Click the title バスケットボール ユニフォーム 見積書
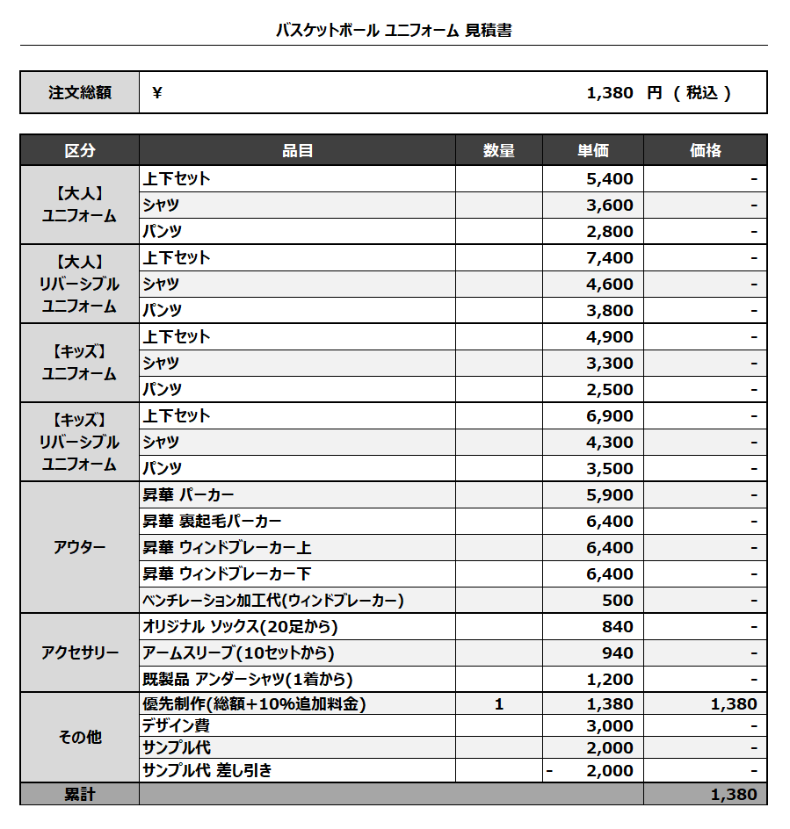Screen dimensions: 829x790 click(394, 31)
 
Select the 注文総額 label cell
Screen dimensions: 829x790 click(79, 93)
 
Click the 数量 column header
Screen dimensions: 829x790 click(499, 151)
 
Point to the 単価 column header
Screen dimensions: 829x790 click(593, 151)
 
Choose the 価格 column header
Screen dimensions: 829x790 click(706, 151)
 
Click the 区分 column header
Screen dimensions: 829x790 click(79, 151)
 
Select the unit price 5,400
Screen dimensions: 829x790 click(610, 179)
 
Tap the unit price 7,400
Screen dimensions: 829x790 click(610, 258)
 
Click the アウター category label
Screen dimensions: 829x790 click(79, 548)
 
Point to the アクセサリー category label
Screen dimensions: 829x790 click(79, 653)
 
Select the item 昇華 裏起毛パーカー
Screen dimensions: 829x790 click(213, 522)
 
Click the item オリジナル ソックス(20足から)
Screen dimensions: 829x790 click(240, 627)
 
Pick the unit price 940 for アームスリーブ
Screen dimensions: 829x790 click(618, 653)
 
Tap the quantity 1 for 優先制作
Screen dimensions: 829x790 click(499, 704)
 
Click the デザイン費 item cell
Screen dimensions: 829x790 click(177, 726)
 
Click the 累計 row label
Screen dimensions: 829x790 click(79, 795)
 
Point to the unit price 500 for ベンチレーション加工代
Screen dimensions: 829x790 click(618, 601)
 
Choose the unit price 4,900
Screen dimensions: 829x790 click(610, 337)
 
